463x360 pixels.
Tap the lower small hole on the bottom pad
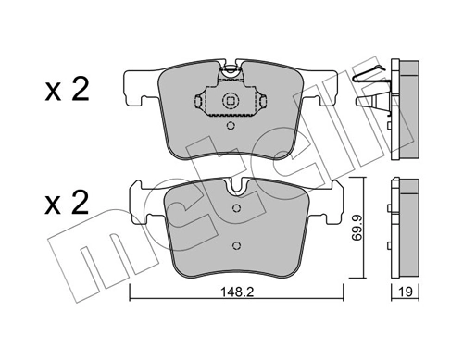(235, 245)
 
